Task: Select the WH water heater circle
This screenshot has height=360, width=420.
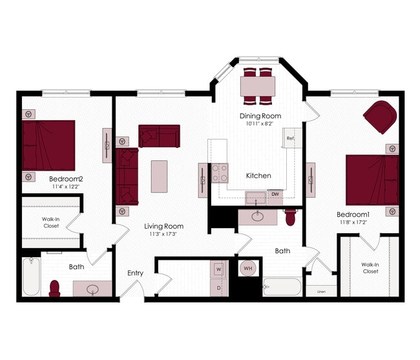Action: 248,268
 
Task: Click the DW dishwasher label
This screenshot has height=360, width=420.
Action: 275,194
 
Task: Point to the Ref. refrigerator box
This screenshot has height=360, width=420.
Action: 291,138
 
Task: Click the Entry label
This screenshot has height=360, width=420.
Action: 135,273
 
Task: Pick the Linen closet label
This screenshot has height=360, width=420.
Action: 321,291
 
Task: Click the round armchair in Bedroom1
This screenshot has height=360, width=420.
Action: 379,117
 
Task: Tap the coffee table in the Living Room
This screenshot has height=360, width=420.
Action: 159,176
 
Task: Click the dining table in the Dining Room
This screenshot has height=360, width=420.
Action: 258,85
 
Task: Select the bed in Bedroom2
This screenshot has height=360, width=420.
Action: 48,145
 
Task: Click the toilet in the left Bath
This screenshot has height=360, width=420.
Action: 55,288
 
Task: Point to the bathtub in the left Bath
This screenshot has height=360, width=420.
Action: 31,277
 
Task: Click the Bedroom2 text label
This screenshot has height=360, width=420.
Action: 67,178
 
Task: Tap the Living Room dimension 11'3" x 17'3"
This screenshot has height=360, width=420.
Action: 163,234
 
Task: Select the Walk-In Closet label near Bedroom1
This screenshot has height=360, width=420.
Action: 370,268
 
